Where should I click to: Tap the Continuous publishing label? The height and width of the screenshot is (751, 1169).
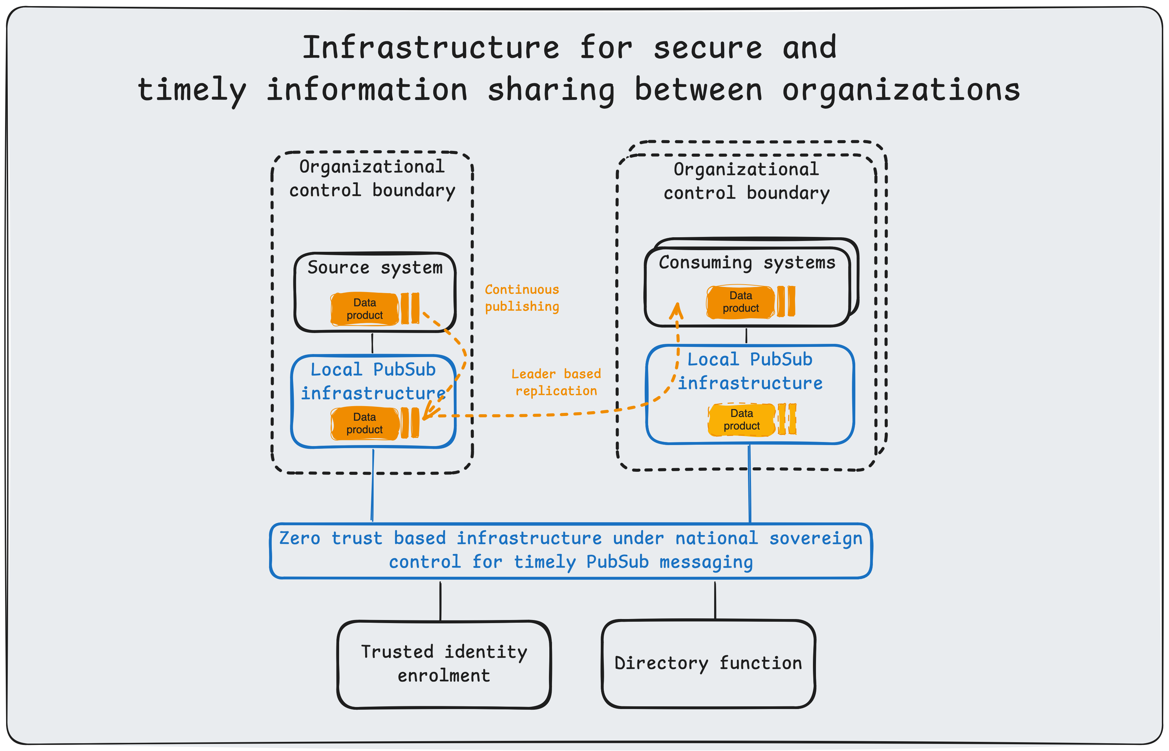click(x=522, y=298)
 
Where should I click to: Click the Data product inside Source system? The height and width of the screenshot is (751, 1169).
click(x=365, y=309)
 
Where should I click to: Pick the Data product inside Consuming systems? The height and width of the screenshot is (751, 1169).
click(x=741, y=302)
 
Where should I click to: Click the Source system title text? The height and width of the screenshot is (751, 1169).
click(x=375, y=268)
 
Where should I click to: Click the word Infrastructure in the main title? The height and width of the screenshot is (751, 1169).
click(x=431, y=48)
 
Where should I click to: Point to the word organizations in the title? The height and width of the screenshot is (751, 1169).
click(x=900, y=90)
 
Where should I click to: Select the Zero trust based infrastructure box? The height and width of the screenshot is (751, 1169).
click(x=571, y=551)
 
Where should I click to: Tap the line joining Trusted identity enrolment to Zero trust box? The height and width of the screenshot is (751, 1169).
click(x=440, y=601)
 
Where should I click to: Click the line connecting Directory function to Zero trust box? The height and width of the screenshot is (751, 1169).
click(x=715, y=601)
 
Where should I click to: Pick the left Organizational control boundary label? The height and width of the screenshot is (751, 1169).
click(x=372, y=178)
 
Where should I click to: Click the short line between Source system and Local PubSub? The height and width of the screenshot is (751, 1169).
click(x=373, y=343)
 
